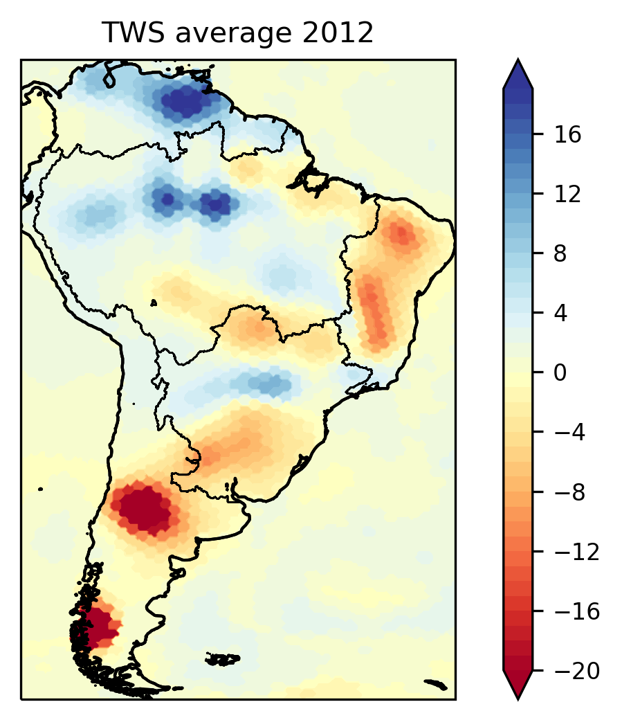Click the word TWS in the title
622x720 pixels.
click(x=133, y=33)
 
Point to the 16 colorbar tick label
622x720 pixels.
click(x=567, y=134)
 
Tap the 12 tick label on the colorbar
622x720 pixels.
click(x=567, y=195)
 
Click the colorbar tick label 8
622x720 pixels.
click(x=560, y=253)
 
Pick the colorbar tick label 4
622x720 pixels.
click(x=560, y=313)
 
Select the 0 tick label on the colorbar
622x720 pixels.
click(x=560, y=372)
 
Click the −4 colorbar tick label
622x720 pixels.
click(x=569, y=432)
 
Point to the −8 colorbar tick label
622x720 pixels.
click(x=569, y=492)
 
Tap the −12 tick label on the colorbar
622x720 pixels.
click(x=577, y=552)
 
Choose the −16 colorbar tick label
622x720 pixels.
click(x=577, y=611)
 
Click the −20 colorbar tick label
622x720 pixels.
click(x=577, y=671)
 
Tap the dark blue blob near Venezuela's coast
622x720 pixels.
click(x=182, y=102)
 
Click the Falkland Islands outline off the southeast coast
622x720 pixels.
click(x=223, y=659)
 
